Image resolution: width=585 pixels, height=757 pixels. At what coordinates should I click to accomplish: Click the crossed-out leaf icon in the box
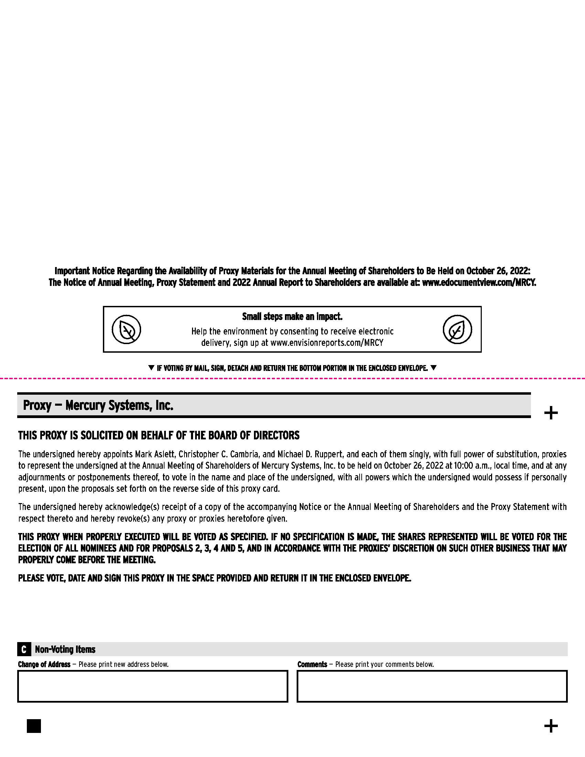126,329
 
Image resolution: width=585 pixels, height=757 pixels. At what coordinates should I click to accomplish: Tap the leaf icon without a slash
457,329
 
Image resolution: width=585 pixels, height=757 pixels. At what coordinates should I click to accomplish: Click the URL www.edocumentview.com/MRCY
479,282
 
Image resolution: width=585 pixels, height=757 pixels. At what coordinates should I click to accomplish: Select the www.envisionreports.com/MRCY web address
327,343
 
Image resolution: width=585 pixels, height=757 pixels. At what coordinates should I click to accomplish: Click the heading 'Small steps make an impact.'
292,317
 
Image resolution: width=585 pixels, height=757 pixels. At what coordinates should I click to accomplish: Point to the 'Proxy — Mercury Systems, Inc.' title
98,405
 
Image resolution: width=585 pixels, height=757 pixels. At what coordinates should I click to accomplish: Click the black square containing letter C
24,649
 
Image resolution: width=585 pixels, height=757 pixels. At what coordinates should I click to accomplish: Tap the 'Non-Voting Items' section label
65,649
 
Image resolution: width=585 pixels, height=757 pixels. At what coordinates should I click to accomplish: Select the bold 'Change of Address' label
44,664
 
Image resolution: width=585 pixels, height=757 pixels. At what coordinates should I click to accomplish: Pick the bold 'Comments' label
312,664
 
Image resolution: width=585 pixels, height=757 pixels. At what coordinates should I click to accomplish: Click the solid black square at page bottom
34,726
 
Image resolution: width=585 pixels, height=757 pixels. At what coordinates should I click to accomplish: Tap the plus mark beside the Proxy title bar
551,413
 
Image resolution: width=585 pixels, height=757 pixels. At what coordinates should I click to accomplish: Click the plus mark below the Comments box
551,726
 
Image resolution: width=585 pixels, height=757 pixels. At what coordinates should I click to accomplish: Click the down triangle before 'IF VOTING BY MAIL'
151,368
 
